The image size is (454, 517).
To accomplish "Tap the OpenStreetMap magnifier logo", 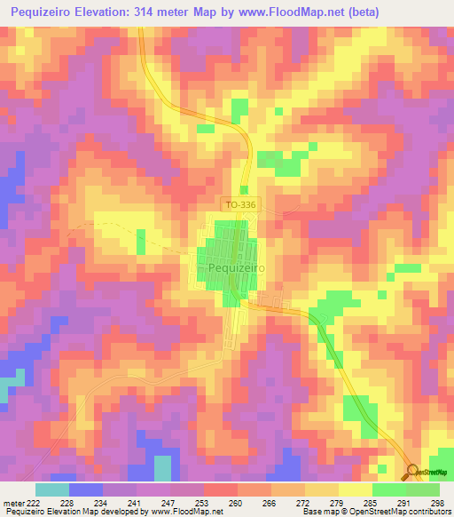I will pos(413,471).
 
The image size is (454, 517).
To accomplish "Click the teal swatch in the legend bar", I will pos(52,489).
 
